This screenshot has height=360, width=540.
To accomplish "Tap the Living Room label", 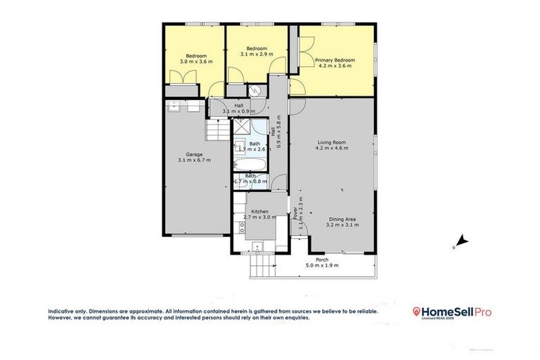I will coord(332,143).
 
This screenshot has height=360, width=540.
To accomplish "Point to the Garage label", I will coord(195,155).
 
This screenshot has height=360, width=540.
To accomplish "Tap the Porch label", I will coord(322,260).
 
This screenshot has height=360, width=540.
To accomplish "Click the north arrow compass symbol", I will coord(459,243).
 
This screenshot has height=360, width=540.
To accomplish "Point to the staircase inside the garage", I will coord(216,130).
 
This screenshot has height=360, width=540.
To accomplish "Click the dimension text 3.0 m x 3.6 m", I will coord(196,62).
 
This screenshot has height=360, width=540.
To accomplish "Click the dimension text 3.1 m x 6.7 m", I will coord(195,160).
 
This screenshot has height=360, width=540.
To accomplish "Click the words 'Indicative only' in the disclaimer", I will coord(67,311).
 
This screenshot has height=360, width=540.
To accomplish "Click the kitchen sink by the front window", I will coord(257,245).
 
